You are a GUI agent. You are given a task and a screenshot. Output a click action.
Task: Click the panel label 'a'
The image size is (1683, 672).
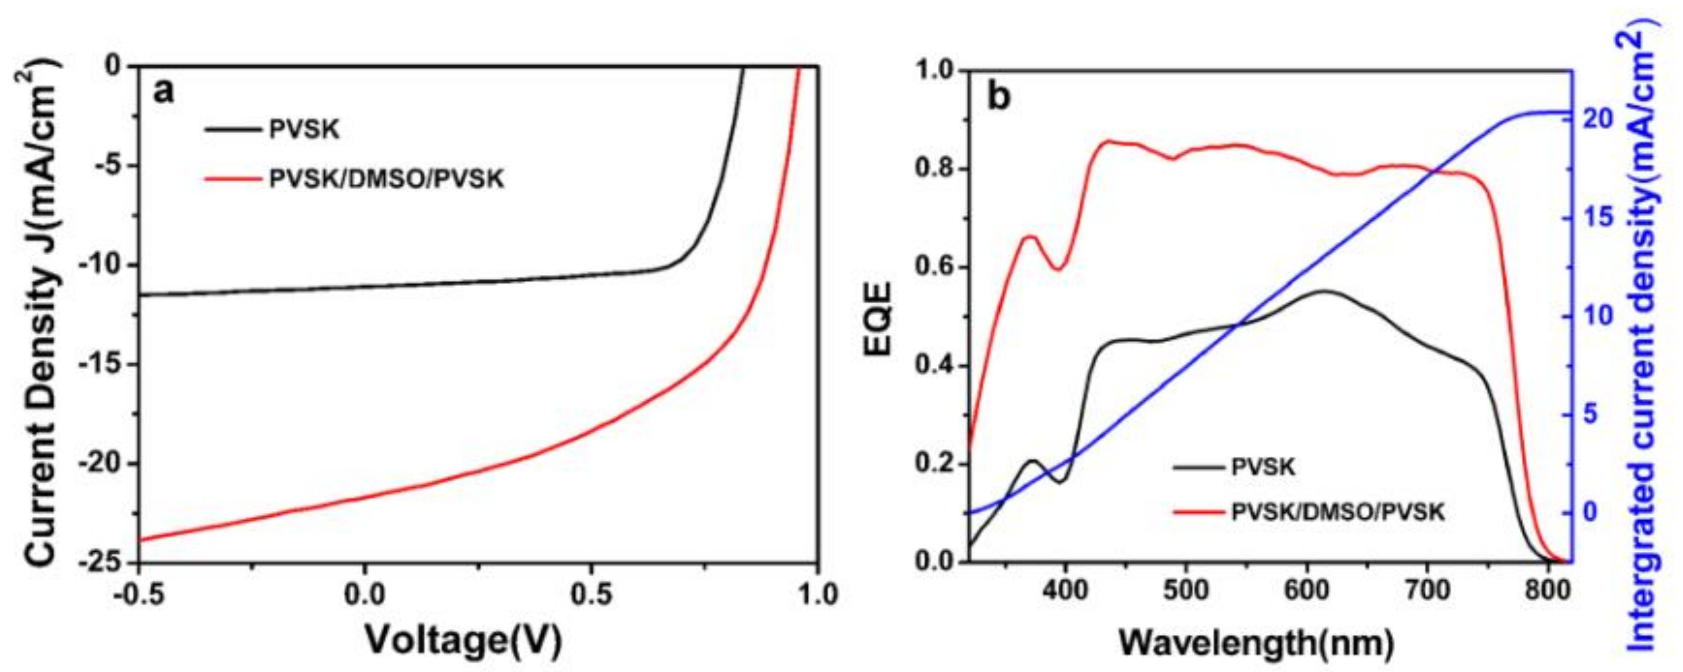click(164, 92)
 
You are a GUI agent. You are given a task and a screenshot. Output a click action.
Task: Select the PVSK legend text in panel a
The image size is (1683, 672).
click(305, 129)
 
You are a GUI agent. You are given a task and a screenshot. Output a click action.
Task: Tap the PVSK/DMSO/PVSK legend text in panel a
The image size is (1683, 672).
click(387, 179)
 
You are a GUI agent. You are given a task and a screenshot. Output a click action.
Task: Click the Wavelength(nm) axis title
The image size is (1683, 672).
click(1256, 644)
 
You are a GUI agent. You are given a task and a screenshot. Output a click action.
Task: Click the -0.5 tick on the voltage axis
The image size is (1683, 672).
click(138, 594)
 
